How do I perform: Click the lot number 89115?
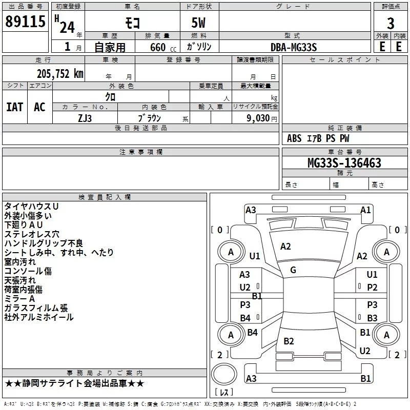point(25,22)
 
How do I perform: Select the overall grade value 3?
point(391,24)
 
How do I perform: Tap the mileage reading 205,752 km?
point(60,74)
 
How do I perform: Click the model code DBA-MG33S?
point(294,47)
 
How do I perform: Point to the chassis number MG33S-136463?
point(344,163)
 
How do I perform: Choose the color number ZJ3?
point(85,118)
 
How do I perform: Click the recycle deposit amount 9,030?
point(258,118)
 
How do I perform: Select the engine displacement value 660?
point(158,47)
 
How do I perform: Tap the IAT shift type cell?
point(15,107)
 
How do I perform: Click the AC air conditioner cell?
point(40,107)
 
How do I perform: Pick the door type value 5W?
point(198,23)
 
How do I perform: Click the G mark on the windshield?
point(293,270)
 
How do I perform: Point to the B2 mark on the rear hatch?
point(289,341)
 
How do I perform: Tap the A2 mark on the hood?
point(285,247)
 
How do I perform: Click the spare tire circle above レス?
point(224,374)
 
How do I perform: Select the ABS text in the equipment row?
point(294,138)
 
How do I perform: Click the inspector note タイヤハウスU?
point(31,207)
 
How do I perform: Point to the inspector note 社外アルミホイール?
point(39,317)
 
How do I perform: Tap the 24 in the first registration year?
point(67,28)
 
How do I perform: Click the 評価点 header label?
point(391,7)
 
